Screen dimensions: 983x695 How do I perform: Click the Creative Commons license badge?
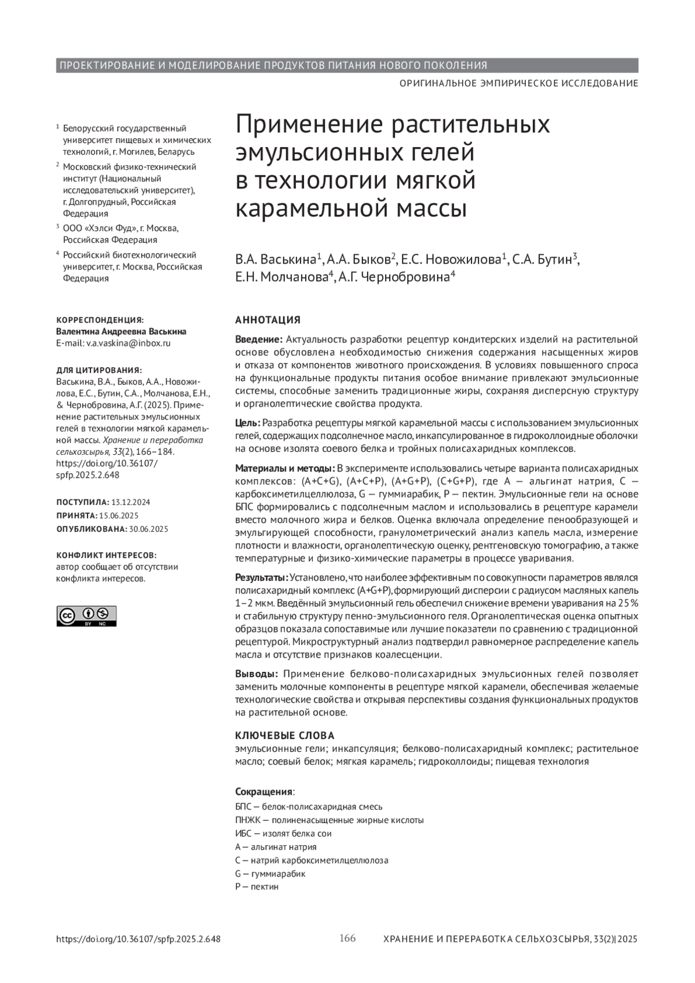coord(86,616)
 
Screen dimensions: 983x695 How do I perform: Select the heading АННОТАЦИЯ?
coord(268,320)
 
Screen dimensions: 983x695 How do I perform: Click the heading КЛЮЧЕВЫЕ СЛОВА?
coord(284,736)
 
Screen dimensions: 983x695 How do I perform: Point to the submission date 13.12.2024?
coord(131,502)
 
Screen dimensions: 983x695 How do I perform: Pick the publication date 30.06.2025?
coord(149,529)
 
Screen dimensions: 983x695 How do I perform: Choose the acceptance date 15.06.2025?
coord(119,516)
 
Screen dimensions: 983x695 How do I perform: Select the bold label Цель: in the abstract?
coord(248,423)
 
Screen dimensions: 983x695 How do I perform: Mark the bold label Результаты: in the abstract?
coord(261,578)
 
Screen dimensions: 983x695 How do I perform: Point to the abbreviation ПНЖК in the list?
coord(245,820)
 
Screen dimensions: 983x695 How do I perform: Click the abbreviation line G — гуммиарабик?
coord(270,874)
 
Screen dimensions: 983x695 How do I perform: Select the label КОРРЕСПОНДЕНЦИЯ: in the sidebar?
coord(100,320)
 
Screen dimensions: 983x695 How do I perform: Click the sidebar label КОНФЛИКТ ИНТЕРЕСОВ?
coord(106,555)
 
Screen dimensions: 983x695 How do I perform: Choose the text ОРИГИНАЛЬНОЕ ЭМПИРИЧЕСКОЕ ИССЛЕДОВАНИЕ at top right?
coord(518,83)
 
